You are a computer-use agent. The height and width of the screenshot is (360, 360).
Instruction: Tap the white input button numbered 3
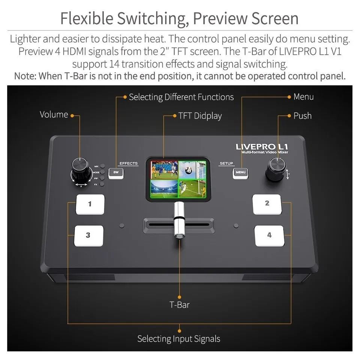pos(88,235)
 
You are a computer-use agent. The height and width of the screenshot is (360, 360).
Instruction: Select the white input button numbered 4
pos(269,235)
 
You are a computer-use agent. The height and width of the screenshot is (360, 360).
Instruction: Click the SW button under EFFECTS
pos(116,172)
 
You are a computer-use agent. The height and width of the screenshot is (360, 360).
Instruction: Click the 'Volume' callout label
pos(54,115)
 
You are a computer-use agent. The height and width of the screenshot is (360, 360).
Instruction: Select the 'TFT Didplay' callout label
pos(200,116)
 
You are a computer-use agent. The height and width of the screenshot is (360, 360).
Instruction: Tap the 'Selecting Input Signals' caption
pos(178,339)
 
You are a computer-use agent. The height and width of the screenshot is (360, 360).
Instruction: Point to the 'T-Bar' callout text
pos(179,304)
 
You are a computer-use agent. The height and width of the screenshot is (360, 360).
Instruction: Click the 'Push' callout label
pos(302,116)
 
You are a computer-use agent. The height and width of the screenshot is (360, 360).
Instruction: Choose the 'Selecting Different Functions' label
pos(181,97)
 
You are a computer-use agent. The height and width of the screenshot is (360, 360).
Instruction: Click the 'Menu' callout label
pos(303,97)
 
